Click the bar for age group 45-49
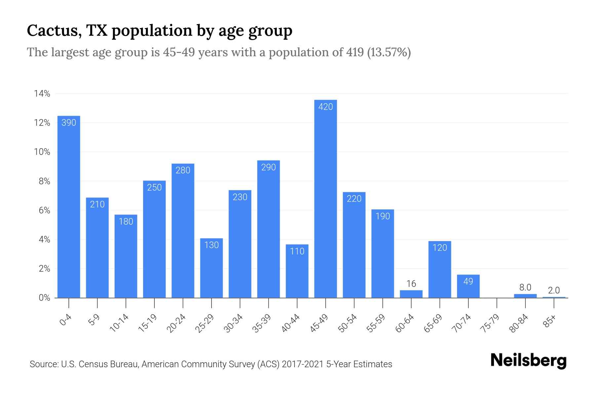(x=325, y=198)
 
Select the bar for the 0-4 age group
(x=69, y=207)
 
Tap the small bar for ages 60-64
(x=411, y=294)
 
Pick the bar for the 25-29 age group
(x=211, y=268)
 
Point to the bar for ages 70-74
(x=468, y=286)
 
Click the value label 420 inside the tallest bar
(x=325, y=107)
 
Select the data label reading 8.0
(x=525, y=287)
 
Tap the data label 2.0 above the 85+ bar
(x=554, y=290)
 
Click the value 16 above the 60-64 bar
(x=411, y=284)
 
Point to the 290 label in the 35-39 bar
(x=268, y=167)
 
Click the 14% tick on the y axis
(x=42, y=94)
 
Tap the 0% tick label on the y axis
(x=44, y=298)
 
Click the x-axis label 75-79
(x=491, y=323)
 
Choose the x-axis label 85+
(x=550, y=321)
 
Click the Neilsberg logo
(x=528, y=361)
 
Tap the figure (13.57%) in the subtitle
(x=389, y=52)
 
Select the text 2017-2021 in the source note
(x=302, y=364)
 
